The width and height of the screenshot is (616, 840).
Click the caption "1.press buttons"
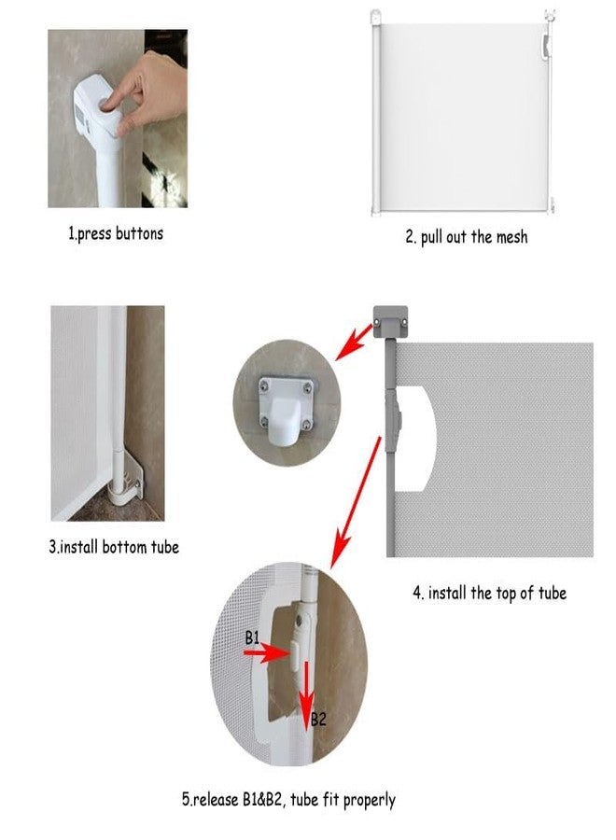click(116, 233)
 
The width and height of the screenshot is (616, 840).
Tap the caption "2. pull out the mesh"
click(467, 237)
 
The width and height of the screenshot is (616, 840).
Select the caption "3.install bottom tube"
click(114, 547)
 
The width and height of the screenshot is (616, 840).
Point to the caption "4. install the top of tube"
click(490, 593)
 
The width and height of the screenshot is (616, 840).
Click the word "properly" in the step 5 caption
click(370, 801)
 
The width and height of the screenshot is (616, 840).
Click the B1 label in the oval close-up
click(252, 637)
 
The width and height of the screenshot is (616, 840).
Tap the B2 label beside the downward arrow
click(318, 719)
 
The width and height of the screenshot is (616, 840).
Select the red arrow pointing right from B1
click(267, 652)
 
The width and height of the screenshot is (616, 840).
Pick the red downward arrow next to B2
click(306, 694)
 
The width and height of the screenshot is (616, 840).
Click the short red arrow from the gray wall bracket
click(354, 342)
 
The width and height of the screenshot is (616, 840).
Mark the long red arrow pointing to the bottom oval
click(356, 502)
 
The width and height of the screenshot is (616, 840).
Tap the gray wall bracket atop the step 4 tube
click(390, 321)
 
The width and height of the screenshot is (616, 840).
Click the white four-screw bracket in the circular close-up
click(286, 410)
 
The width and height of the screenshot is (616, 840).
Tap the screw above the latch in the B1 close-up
click(299, 621)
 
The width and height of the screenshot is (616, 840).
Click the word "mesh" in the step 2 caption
click(511, 237)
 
